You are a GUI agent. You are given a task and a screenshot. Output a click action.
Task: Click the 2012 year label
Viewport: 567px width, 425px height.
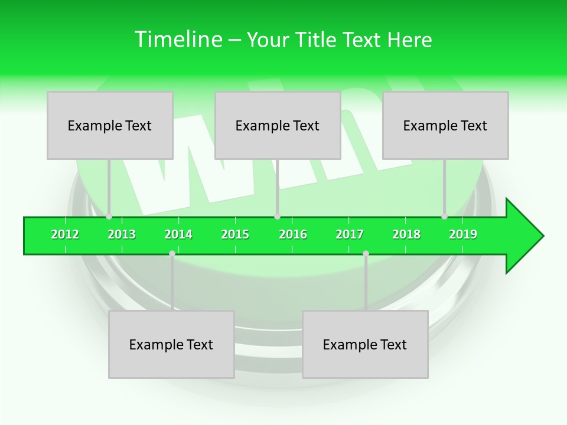tap(65, 234)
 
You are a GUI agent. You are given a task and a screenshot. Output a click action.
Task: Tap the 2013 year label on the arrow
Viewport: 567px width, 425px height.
tap(122, 234)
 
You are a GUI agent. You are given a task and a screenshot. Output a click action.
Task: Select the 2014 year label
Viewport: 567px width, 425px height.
tap(178, 234)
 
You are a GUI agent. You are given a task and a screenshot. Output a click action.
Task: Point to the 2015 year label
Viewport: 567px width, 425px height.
tap(235, 234)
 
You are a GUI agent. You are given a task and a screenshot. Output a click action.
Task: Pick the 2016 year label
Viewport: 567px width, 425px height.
tap(293, 234)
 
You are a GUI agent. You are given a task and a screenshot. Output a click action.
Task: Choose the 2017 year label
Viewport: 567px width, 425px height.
tap(350, 234)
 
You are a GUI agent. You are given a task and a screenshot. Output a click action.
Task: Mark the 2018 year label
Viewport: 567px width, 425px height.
tap(406, 234)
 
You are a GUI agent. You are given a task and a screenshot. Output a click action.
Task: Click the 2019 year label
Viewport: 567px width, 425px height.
tap(463, 234)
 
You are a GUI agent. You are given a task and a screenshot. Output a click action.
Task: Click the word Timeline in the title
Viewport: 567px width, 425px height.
tap(178, 40)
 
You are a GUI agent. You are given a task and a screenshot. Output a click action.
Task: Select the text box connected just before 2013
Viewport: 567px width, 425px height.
tap(110, 125)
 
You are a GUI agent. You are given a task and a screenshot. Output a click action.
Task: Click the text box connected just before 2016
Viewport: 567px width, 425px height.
tap(278, 125)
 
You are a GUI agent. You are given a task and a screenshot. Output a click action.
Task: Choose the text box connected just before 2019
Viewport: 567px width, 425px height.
tap(445, 125)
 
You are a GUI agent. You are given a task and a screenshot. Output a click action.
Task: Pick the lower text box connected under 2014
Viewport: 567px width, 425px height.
tap(171, 344)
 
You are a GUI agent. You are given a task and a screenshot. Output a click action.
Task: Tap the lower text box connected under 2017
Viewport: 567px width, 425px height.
tap(365, 344)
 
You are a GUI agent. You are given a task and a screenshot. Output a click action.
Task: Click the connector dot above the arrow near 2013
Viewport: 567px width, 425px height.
tap(109, 217)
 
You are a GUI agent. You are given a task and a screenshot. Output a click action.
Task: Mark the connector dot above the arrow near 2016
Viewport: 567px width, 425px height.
tap(277, 217)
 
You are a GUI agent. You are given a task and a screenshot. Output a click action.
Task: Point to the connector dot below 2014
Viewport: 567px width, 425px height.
tap(172, 253)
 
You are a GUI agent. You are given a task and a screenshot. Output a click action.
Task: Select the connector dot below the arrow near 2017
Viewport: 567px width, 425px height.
tap(366, 253)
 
